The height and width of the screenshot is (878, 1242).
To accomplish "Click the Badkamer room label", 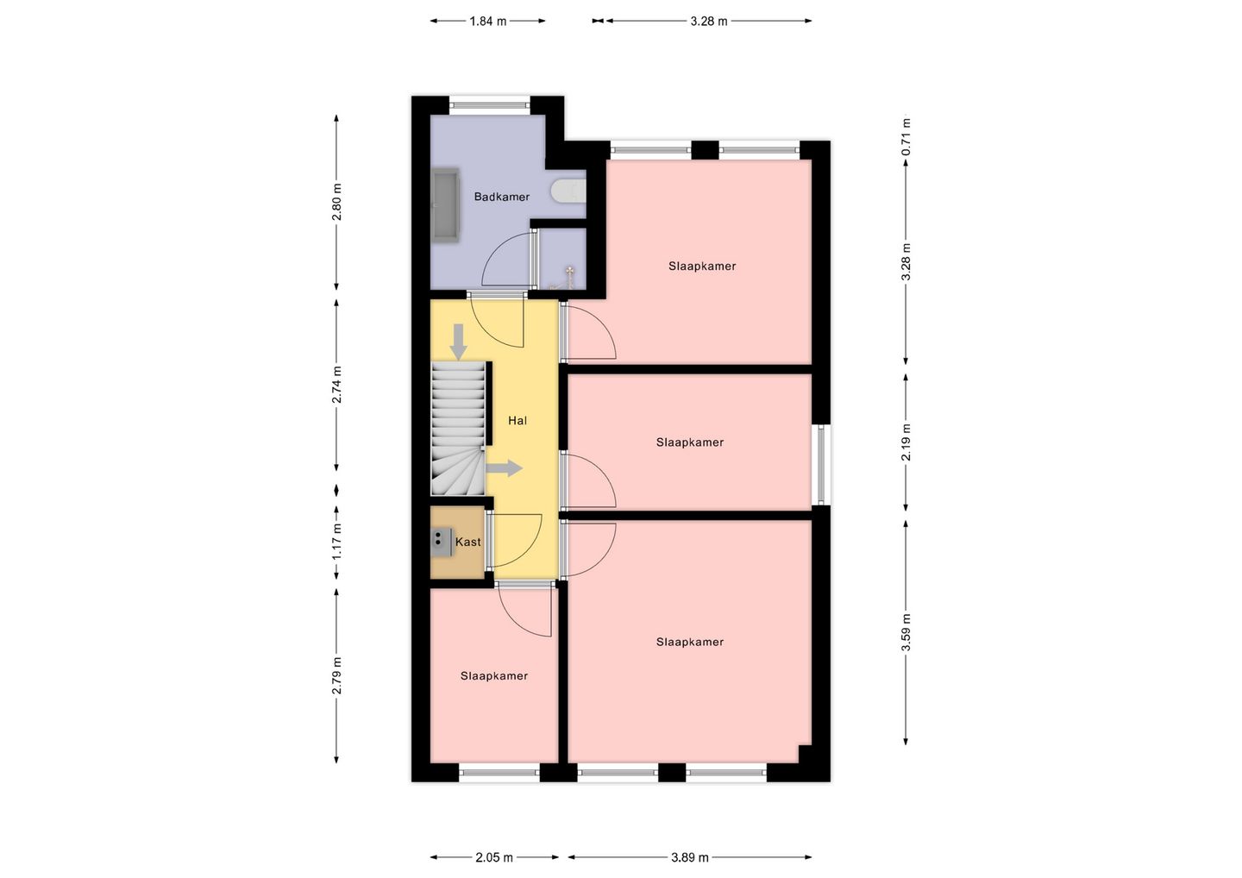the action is click(501, 197).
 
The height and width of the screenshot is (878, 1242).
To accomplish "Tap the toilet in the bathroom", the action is click(568, 190).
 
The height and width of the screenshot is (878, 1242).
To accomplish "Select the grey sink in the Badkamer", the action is click(446, 205).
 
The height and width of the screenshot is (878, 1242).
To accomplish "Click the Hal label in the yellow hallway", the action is click(517, 421).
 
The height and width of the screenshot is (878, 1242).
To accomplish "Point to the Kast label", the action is click(468, 542).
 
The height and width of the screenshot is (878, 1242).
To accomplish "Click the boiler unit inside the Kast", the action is click(442, 542).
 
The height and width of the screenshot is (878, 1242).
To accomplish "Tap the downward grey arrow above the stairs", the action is click(458, 342).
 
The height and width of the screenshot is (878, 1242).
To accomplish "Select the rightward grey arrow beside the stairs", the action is click(504, 468).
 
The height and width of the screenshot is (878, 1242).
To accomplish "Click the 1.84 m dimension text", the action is click(488, 22).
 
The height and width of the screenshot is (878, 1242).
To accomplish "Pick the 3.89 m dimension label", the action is click(690, 857).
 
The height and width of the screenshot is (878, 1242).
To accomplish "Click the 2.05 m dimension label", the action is click(494, 857).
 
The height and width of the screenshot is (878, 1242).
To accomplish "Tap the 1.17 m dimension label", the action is click(336, 541).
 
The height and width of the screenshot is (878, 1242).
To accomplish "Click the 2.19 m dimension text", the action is click(906, 442).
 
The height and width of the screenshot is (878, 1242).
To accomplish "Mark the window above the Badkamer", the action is click(490, 104).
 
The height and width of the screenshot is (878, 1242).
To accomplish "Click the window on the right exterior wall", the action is click(822, 465).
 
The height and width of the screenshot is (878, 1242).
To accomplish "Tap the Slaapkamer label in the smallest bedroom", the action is click(494, 675).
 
